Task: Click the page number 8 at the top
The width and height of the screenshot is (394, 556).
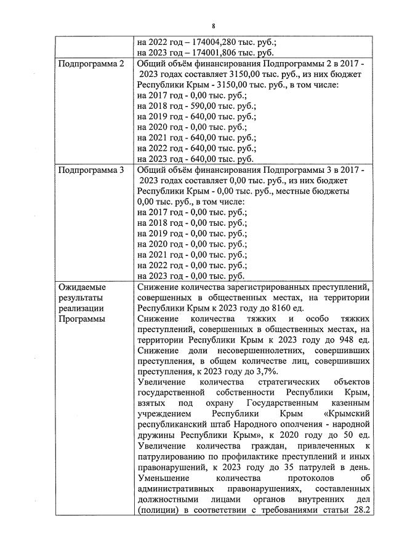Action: pos(213,26)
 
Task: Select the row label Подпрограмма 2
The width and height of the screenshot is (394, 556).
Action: pos(87,63)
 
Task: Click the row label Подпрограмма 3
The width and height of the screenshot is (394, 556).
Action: pos(87,170)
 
